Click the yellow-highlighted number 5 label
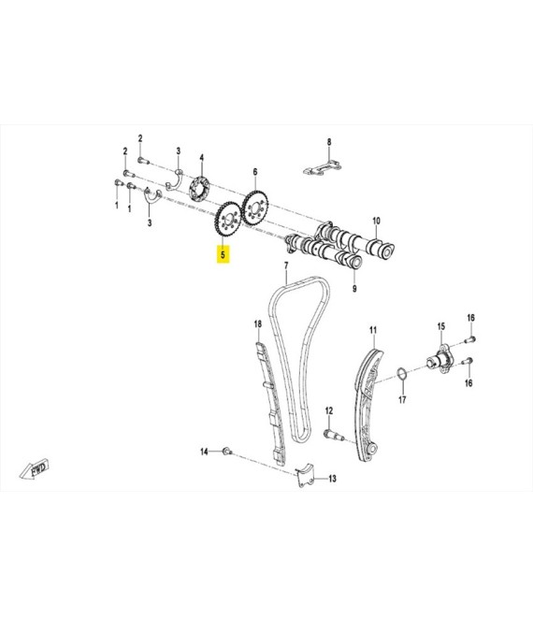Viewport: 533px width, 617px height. pyautogui.click(x=223, y=254)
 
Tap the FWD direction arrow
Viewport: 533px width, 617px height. pyautogui.click(x=35, y=468)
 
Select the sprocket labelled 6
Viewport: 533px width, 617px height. pyautogui.click(x=255, y=208)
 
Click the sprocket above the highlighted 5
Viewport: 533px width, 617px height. pyautogui.click(x=228, y=220)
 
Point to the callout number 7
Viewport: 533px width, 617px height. pyautogui.click(x=286, y=266)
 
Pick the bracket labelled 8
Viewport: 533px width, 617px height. pyautogui.click(x=322, y=167)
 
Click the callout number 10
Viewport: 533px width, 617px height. pyautogui.click(x=376, y=221)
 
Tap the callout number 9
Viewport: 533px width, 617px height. pyautogui.click(x=354, y=289)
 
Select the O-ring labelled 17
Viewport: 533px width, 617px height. pyautogui.click(x=401, y=374)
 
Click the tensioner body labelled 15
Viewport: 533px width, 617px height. pyautogui.click(x=439, y=359)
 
